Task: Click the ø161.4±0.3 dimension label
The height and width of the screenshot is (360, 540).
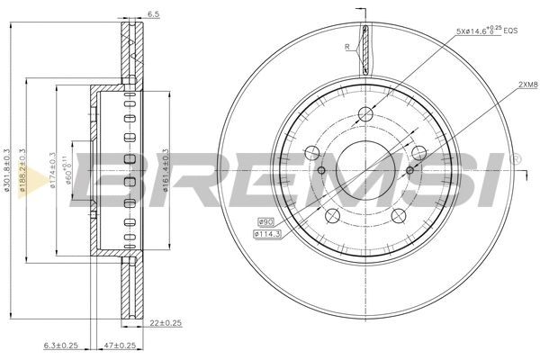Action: coord(164,169)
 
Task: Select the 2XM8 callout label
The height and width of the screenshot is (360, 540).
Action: coord(526,85)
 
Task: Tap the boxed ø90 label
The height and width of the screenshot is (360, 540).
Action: coord(265,221)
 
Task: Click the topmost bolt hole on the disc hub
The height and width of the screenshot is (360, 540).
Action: coord(364,114)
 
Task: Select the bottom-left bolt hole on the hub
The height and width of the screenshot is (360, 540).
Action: coord(332,214)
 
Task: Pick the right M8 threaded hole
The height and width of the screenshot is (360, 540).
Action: coord(410,169)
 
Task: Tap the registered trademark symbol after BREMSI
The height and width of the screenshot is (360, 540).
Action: coord(516,159)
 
